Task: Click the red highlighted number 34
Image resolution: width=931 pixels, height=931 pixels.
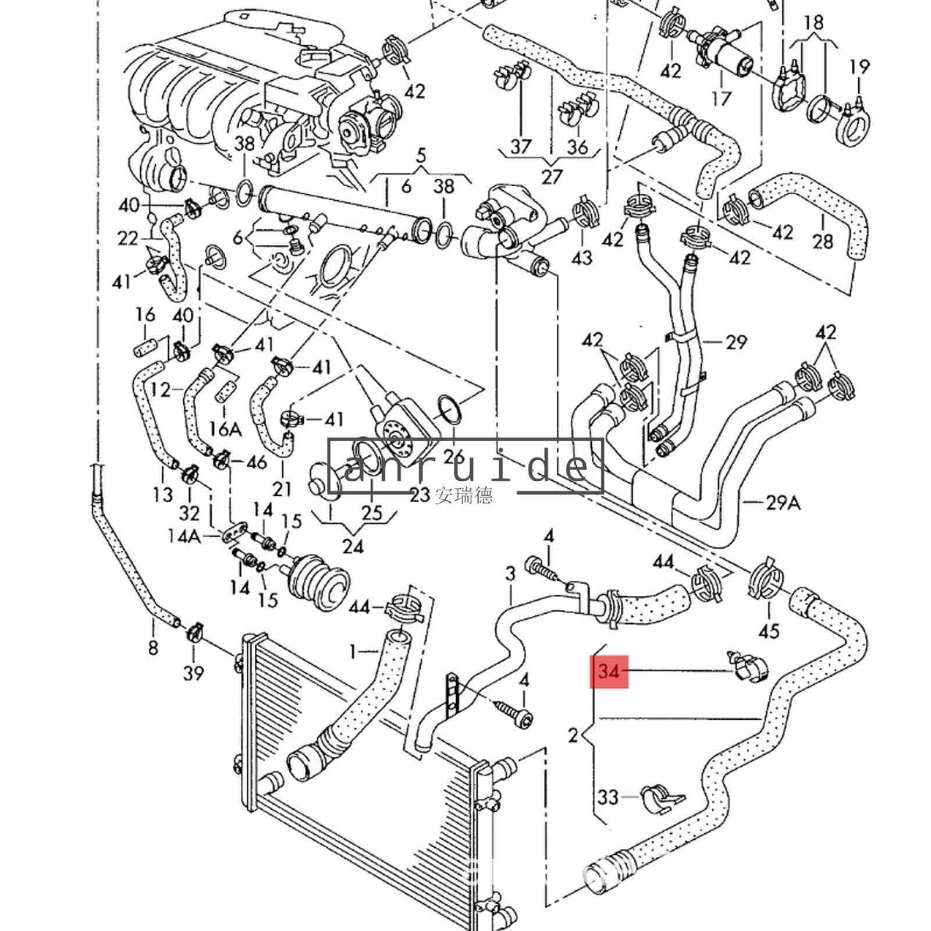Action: point(609,671)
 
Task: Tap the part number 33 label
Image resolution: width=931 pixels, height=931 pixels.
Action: point(607,796)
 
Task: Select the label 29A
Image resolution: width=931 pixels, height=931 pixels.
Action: point(783,502)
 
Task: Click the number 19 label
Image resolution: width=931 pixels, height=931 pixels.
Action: point(859,67)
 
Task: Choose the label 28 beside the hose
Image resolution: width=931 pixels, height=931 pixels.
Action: point(823,240)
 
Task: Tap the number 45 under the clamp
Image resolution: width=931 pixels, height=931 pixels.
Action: point(769,630)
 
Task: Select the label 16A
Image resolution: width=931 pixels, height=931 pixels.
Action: point(225,429)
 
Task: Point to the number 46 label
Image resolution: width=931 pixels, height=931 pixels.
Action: point(256,462)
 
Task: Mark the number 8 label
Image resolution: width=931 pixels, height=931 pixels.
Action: point(152,647)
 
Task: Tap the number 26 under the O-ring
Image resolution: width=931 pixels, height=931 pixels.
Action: point(454,456)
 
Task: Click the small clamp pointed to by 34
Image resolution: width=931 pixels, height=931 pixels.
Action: point(749,667)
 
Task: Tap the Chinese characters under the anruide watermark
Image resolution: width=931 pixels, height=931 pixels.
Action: point(463,495)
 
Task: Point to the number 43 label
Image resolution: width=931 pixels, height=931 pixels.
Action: point(582,257)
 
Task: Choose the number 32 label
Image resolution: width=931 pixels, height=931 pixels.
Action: point(189,513)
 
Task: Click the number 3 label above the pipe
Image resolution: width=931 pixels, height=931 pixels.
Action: point(510,574)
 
